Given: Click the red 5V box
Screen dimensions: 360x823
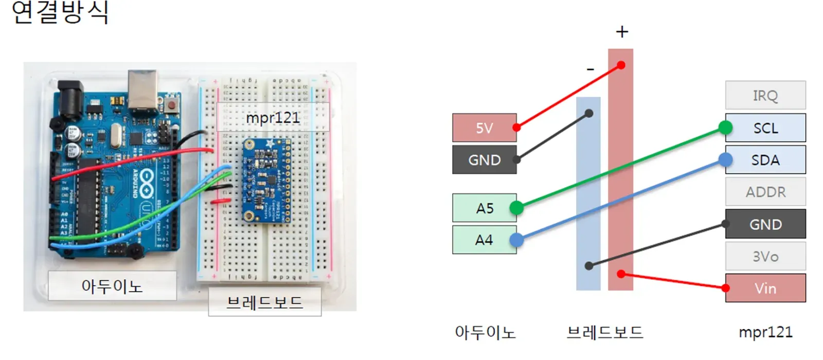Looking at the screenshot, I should point(484,128).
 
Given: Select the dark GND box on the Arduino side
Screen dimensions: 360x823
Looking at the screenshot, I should point(484,160).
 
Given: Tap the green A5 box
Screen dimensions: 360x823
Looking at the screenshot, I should point(484,208).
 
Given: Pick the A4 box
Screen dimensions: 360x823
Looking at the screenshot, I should point(484,240).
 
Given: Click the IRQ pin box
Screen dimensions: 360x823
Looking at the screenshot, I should point(765,95).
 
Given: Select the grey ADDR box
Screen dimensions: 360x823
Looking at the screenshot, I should point(765,192).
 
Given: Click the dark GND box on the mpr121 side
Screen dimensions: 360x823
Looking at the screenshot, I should point(765,224).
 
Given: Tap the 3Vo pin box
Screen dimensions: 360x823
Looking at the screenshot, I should point(765,256).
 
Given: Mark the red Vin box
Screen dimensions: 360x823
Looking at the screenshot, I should point(765,288).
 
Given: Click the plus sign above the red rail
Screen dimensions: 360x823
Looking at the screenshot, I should point(622,32).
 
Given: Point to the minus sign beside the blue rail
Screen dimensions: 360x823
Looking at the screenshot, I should point(590,69).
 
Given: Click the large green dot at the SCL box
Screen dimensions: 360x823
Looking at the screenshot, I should point(725,127).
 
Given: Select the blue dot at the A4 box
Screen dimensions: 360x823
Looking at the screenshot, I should point(516,240).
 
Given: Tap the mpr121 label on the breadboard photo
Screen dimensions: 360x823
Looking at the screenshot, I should point(273,117).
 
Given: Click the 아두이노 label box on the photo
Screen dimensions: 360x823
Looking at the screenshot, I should point(112,285).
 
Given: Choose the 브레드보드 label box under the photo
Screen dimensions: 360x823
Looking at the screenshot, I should point(264,302).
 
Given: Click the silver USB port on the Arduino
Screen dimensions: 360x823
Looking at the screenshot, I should point(143,90).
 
